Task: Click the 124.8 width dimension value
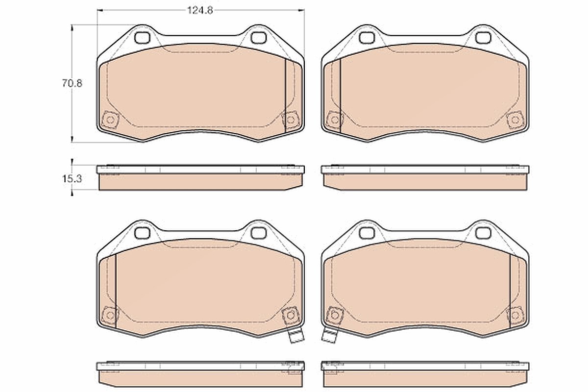coord(200,10)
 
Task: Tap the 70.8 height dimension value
coord(72,83)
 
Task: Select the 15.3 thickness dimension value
coord(72,179)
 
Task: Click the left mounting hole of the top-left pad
coord(142,38)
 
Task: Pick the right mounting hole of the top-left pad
coord(259,38)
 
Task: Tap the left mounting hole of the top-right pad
coord(367,38)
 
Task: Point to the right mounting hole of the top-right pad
coord(483,38)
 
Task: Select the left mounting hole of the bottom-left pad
coord(142,233)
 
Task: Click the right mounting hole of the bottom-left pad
coord(259,233)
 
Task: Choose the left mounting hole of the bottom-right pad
coord(367,233)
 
